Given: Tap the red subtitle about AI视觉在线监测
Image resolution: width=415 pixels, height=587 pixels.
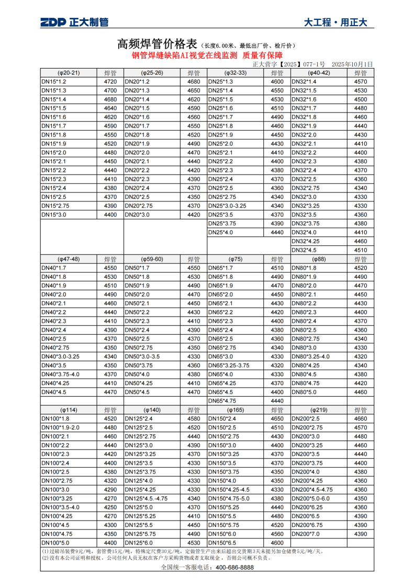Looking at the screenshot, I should (207, 55).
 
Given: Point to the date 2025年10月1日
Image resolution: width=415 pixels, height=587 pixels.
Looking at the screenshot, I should (353, 64).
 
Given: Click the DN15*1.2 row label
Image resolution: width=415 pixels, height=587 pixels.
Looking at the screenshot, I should (54, 82).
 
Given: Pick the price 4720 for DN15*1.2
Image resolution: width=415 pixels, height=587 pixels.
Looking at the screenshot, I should (110, 82).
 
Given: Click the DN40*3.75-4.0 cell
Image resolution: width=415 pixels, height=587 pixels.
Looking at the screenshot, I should (61, 374).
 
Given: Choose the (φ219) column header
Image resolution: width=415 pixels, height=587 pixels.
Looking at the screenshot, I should (319, 410).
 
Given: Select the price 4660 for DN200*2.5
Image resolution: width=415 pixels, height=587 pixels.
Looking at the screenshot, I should (361, 419).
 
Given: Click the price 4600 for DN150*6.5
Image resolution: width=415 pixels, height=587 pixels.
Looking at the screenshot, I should (277, 543).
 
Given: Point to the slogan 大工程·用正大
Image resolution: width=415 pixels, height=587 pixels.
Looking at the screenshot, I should (335, 22).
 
